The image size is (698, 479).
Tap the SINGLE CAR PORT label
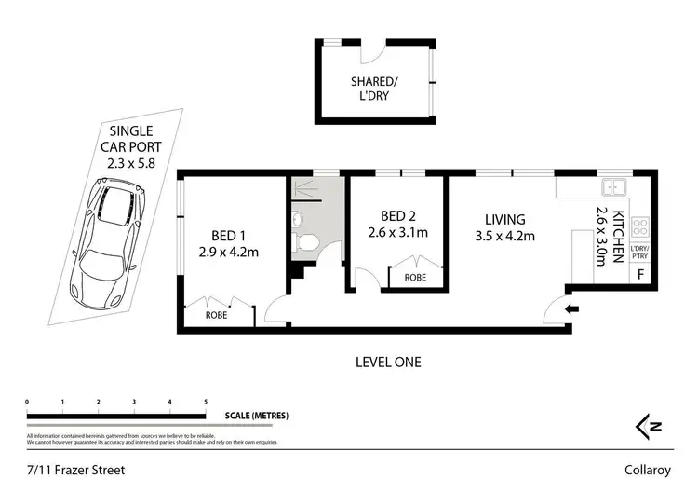coord(131,147)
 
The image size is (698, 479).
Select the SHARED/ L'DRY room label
coord(375,89)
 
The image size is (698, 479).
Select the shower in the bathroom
coord(304,191)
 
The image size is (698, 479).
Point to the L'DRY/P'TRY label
coord(639,252)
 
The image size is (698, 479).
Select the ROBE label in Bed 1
coord(219,316)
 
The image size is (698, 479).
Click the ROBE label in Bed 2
coord(415,278)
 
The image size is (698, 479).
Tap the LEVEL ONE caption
coord(389,362)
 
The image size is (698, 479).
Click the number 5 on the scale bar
coord(205,402)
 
